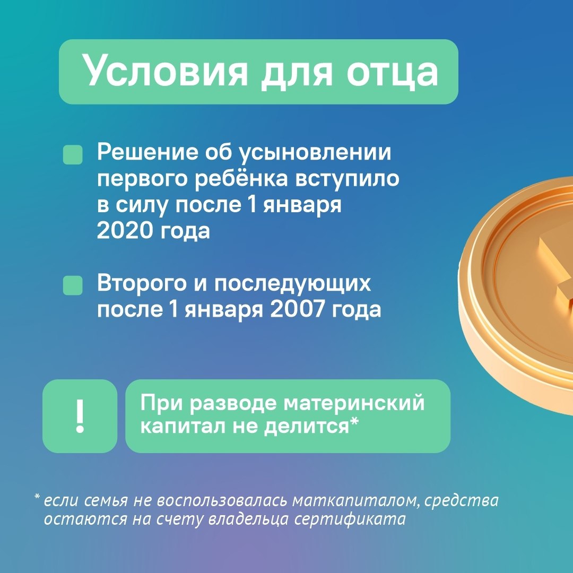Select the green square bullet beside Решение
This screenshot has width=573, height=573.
click(73, 154)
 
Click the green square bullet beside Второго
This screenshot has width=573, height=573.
click(73, 285)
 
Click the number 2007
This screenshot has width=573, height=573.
click(297, 309)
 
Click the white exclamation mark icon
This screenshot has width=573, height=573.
click(80, 416)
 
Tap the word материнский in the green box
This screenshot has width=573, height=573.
click(354, 403)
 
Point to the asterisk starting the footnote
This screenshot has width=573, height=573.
click(37, 497)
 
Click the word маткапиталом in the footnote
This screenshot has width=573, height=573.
click(355, 501)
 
